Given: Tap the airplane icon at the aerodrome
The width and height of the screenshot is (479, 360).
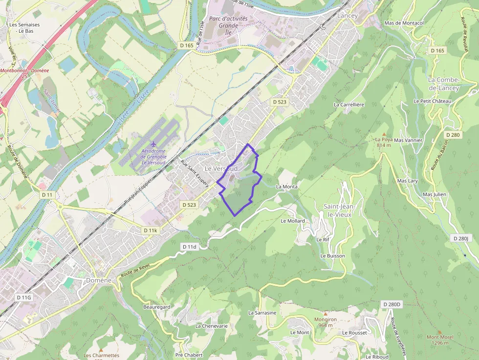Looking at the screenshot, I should coord(154,144).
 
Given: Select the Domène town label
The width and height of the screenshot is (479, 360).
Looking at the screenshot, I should coord(99,280).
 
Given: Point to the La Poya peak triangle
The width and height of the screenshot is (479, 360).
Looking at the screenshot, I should coord(384,134).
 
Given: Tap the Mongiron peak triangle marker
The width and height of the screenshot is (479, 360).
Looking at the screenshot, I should coord(326,314).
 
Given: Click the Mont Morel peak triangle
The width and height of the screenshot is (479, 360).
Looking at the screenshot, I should coord(440,331).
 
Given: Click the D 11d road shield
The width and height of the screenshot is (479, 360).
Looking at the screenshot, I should coord(189,247).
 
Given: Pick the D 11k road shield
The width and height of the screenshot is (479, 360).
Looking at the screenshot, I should coord(151,230).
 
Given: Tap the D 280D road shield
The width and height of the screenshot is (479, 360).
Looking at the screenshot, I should coord(392,304).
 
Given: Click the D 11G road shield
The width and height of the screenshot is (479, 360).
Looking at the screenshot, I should coord(23,297).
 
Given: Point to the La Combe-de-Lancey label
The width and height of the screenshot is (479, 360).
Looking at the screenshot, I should coord(444,84).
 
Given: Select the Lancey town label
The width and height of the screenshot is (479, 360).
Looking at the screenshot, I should coord(348,16).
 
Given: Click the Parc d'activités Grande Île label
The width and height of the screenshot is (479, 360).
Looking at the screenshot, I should coord(228,25).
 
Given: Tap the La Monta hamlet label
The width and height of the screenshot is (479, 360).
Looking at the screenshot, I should coord(287,187).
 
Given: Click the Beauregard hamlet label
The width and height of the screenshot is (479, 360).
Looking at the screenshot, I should coord(156,307).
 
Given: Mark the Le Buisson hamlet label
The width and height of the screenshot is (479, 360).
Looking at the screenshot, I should coord(333,255).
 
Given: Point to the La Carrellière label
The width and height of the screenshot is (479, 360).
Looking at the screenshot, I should coord(349,105).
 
